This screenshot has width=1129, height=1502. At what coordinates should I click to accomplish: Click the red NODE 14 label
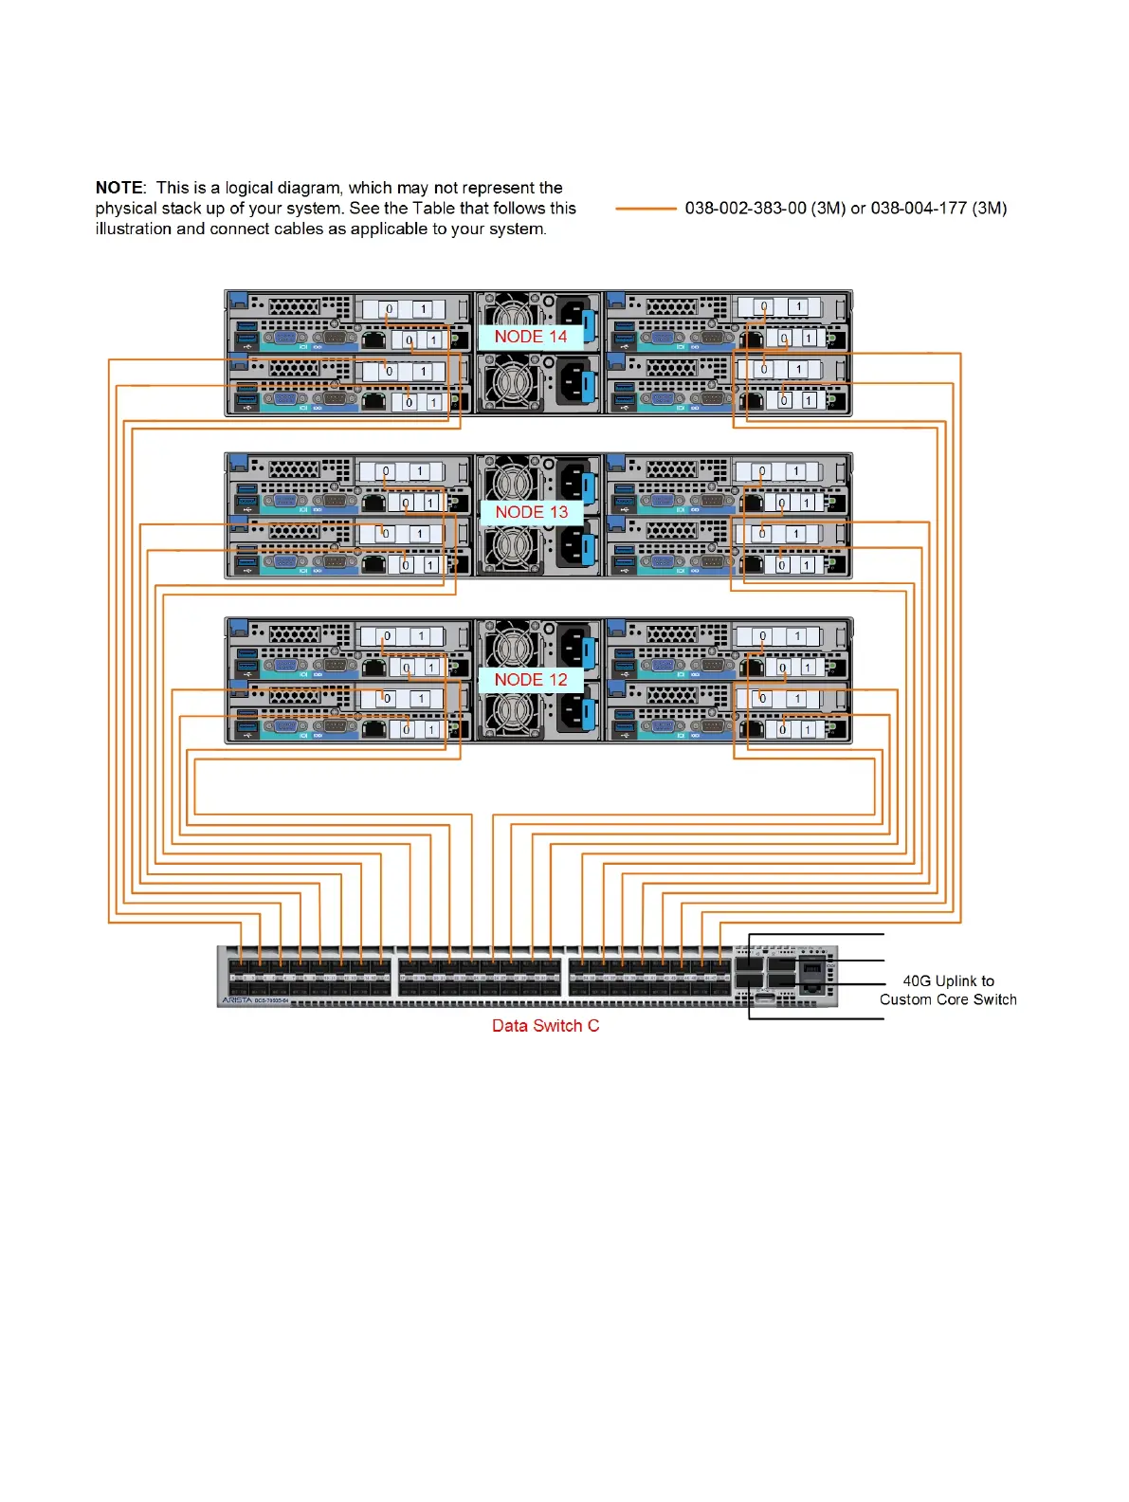[x=530, y=337]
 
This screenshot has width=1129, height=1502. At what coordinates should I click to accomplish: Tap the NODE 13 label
[x=531, y=512]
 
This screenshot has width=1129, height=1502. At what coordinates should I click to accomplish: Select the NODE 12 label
[x=530, y=680]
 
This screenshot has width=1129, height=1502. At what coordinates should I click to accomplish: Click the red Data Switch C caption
[x=545, y=1026]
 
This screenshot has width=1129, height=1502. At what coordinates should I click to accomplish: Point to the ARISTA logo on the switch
[x=237, y=1000]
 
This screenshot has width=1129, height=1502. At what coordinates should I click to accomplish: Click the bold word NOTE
[x=118, y=188]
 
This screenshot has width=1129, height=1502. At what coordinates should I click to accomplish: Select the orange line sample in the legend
[x=646, y=209]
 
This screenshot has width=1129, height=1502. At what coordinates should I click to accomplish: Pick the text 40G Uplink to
[x=948, y=981]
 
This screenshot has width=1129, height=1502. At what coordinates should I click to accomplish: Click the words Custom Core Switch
[x=948, y=999]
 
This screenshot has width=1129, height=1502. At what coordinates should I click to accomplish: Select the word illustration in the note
[x=134, y=229]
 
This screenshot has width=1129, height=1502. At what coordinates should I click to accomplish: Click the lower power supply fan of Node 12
[x=513, y=712]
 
